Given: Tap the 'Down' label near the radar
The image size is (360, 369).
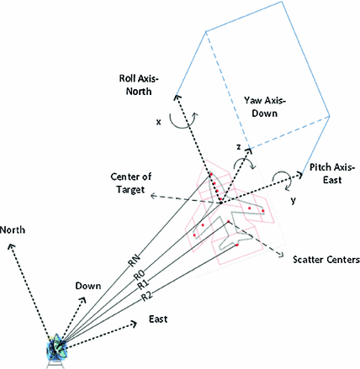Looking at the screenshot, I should (88, 286).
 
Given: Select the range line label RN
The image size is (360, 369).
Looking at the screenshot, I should (135, 261).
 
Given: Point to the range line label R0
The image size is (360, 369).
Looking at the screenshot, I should (140, 273).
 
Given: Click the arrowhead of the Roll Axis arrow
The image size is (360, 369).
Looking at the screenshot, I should (176, 97).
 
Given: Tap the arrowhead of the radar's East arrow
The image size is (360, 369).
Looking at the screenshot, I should (134, 320).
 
